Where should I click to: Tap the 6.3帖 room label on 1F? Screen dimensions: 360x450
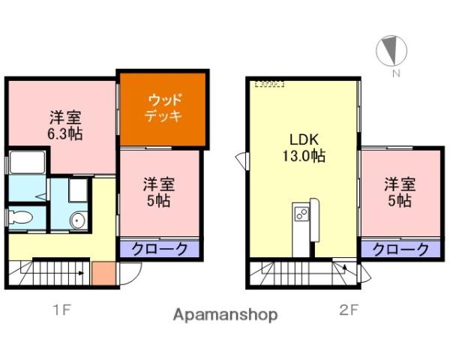tap(65, 126)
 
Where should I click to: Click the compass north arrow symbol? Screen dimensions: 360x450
tap(391, 51)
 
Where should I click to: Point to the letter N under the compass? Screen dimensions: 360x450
tap(395, 73)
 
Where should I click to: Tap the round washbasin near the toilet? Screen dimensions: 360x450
tap(78, 220)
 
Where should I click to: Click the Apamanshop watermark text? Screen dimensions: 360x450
tap(225, 314)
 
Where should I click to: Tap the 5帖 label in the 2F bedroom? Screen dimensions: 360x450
tap(398, 193)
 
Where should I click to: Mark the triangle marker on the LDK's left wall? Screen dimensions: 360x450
tap(240, 160)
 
